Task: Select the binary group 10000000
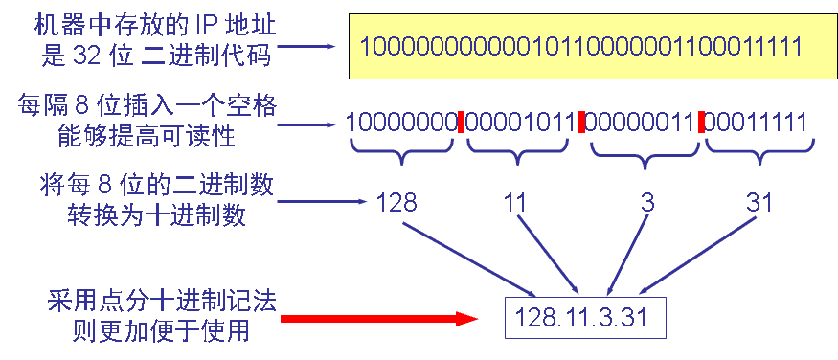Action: click(400, 123)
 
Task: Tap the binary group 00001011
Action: click(518, 123)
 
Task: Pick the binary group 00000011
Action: click(639, 123)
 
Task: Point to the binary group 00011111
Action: click(757, 123)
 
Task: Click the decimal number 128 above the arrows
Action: click(396, 203)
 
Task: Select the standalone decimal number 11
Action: click(516, 203)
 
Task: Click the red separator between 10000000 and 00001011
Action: click(461, 123)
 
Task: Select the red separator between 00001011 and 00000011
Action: click(580, 123)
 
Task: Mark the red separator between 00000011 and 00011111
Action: click(700, 123)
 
